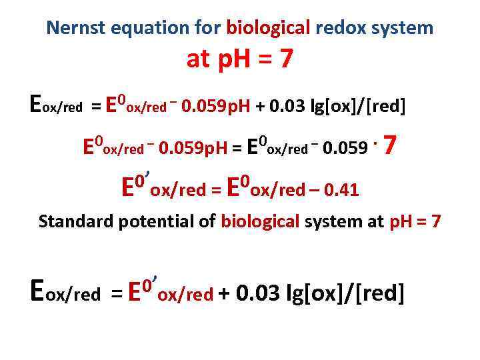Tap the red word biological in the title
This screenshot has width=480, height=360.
coord(269,28)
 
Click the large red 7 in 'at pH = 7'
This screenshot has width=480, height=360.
coord(285,60)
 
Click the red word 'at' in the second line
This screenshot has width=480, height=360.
coord(198,60)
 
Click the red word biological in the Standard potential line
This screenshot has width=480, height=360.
coord(261,221)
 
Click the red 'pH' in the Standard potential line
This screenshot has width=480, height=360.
coord(401,221)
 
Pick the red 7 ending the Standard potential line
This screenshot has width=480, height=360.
coord(436,221)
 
